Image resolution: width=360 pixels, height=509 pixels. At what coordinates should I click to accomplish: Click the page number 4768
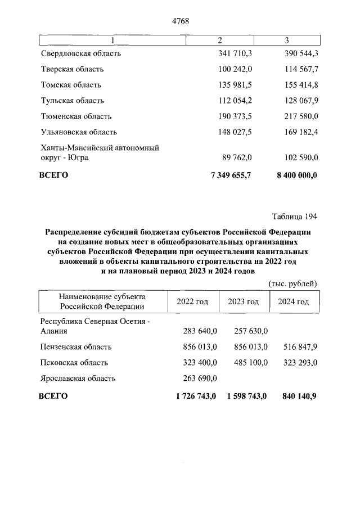[180, 21]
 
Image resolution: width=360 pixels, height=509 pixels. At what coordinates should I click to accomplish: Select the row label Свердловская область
[81, 54]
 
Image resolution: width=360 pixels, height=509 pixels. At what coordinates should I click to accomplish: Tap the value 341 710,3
[235, 54]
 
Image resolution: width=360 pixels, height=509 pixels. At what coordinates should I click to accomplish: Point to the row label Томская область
[71, 85]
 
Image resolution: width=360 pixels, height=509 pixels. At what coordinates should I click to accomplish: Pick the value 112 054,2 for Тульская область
[235, 101]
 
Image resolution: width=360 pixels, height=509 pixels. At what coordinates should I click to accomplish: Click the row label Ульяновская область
[79, 132]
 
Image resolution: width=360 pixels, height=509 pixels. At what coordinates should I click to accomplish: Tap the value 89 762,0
[237, 158]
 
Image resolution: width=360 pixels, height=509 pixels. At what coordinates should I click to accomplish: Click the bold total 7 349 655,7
[231, 175]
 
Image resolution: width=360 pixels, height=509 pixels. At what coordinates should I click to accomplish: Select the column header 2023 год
[243, 302]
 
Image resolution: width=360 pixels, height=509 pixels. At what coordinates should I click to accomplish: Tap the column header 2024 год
[294, 302]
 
